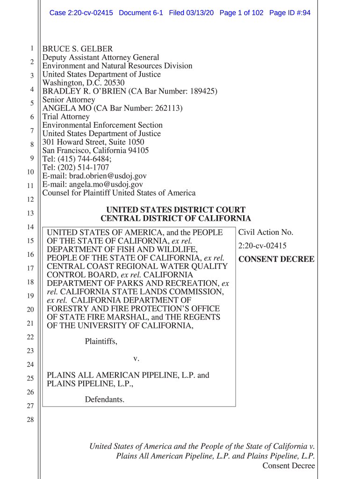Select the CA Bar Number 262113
pos(168,109)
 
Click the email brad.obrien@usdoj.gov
pos(108,176)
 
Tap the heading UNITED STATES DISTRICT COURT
pos(176,210)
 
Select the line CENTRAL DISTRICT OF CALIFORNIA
pos(176,218)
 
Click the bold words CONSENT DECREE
pos(276,259)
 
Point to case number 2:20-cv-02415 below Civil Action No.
pos(262,246)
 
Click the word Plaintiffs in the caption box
pos(101,342)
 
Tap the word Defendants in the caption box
pos(105,399)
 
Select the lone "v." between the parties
pos(137,359)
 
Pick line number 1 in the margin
pos(31,49)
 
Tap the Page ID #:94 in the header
pos(290,13)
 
